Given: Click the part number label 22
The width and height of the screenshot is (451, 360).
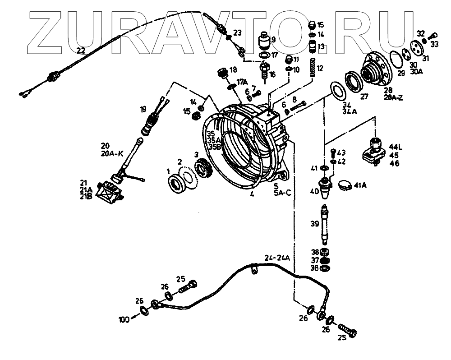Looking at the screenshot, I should click(81, 51).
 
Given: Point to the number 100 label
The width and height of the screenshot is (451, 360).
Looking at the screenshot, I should click(124, 320).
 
